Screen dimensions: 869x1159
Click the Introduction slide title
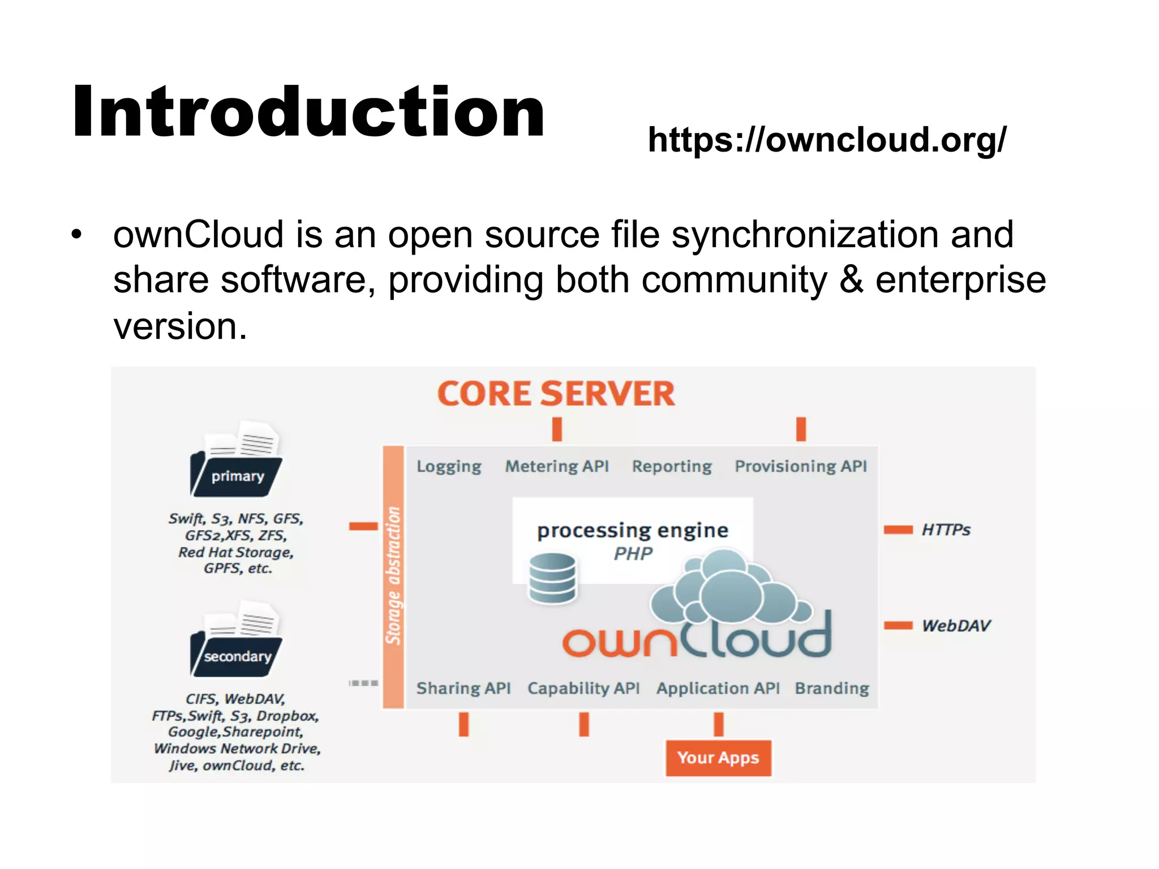308,111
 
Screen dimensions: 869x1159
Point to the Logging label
449,467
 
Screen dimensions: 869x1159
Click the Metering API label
557,466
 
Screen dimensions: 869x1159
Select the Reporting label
672,467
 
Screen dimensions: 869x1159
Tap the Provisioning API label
801,466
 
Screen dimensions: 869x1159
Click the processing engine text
633,531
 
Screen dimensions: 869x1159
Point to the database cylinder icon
552,578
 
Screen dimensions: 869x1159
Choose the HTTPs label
946,530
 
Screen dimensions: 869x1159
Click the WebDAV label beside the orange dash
956,626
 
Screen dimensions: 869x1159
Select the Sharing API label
463,689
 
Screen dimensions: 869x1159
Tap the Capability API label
583,689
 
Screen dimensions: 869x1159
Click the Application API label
718,689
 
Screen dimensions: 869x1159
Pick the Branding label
832,689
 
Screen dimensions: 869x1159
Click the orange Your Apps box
718,758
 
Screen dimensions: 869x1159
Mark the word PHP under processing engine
633,554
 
